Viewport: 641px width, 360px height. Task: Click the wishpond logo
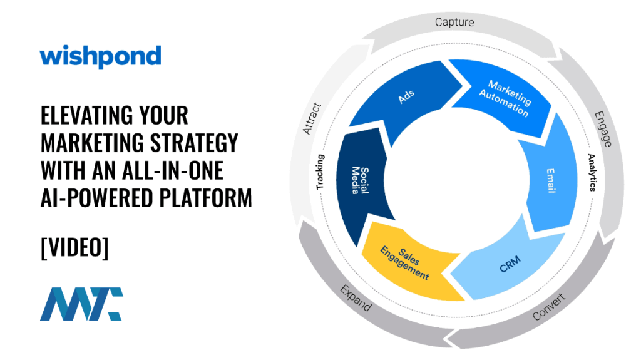[x=100, y=57]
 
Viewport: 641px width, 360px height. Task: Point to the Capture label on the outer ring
[x=454, y=22]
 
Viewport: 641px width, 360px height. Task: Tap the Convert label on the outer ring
[x=548, y=307]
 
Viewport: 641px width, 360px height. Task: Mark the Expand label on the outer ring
[x=355, y=299]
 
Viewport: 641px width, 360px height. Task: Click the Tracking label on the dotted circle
[x=320, y=172]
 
